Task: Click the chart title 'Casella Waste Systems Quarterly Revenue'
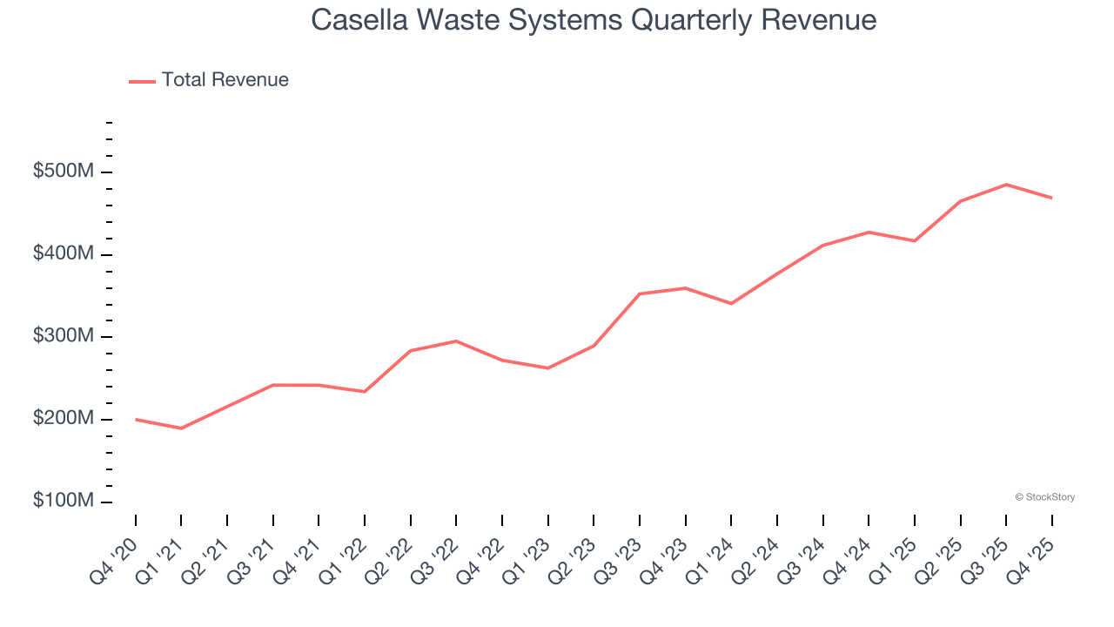594,20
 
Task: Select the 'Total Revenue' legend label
225,80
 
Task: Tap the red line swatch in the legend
142,81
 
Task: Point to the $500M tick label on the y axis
64,172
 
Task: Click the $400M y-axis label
64,254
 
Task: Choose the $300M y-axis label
64,337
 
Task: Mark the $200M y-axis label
64,419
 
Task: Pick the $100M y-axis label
64,502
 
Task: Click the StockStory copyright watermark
1044,497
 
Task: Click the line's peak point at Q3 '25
1006,185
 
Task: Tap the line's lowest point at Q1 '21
181,428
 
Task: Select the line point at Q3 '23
640,293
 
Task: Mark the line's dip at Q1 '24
731,304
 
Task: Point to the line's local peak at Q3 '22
456,340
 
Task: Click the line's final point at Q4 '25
1052,198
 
